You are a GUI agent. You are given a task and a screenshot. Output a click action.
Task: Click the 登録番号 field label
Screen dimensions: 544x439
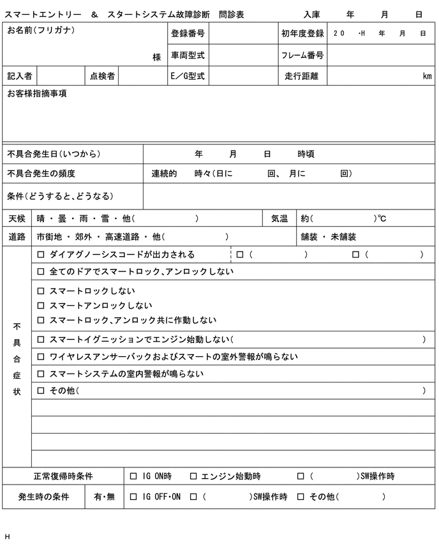[x=188, y=33]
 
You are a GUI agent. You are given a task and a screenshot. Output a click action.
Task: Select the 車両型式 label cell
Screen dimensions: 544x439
[x=188, y=56]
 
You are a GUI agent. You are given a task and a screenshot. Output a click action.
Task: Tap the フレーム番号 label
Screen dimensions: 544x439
[x=302, y=56]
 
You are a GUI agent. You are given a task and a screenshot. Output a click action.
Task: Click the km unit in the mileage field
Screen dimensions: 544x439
[x=427, y=77]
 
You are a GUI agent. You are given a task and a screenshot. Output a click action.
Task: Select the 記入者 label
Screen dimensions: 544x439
[x=20, y=77]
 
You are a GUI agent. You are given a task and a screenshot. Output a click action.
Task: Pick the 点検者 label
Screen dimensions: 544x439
[x=102, y=77]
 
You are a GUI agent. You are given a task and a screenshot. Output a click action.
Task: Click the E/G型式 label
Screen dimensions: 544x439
[x=188, y=77]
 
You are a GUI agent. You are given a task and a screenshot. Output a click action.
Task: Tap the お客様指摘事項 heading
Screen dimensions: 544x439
[x=37, y=94]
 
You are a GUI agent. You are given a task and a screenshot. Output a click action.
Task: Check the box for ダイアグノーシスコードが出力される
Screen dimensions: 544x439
[x=41, y=255]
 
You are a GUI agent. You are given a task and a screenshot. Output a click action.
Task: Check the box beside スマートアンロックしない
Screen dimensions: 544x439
[x=41, y=306]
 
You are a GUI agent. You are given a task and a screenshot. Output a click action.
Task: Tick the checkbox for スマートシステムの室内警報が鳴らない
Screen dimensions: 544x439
[x=41, y=374]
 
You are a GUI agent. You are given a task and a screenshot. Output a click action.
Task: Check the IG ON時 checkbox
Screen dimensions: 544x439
[x=133, y=476]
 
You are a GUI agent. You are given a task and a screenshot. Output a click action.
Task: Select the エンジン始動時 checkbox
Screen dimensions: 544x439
[x=193, y=476]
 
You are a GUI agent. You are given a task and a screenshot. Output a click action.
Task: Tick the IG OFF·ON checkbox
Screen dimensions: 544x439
[x=133, y=497]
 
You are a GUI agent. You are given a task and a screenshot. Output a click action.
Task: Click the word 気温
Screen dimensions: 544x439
[x=279, y=219]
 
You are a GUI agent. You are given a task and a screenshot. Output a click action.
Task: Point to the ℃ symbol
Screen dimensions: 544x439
[x=382, y=219]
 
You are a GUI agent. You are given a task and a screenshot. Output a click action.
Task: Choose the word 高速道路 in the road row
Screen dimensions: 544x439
[x=123, y=237]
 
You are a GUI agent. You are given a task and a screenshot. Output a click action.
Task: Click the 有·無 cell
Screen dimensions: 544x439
[x=104, y=497]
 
